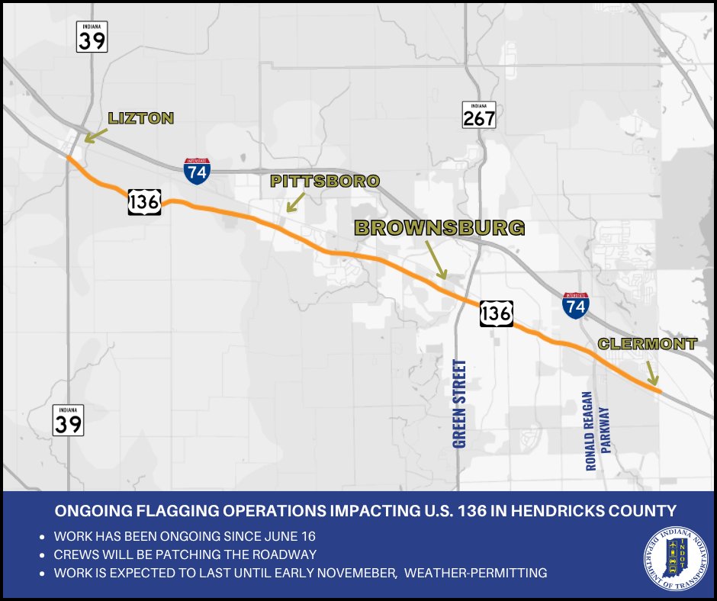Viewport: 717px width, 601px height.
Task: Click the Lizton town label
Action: coord(141,118)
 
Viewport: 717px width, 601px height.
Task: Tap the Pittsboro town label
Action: coord(325,181)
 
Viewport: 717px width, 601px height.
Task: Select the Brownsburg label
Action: coord(439,227)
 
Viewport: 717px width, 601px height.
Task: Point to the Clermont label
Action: coord(647,344)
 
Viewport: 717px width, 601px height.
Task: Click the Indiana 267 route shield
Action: coord(479,114)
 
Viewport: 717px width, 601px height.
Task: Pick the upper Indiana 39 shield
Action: coord(92,37)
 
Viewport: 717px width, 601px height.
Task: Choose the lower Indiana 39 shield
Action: coord(68,419)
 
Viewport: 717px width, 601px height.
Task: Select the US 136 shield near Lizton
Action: coord(144,201)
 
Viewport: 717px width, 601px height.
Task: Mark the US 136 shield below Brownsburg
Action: coord(496,313)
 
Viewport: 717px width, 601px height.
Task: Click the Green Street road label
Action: coord(459,403)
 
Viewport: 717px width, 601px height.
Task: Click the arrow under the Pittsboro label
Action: coord(294,201)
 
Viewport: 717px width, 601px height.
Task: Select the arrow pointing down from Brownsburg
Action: coord(436,262)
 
